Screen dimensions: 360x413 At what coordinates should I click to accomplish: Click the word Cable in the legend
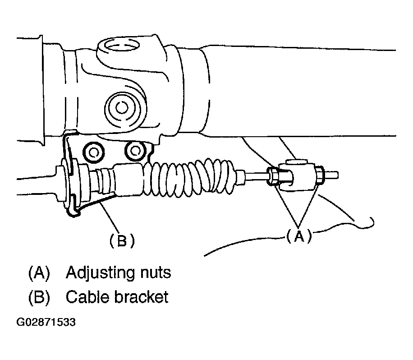tap(86, 297)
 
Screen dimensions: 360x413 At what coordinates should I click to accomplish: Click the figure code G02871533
tap(46, 323)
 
